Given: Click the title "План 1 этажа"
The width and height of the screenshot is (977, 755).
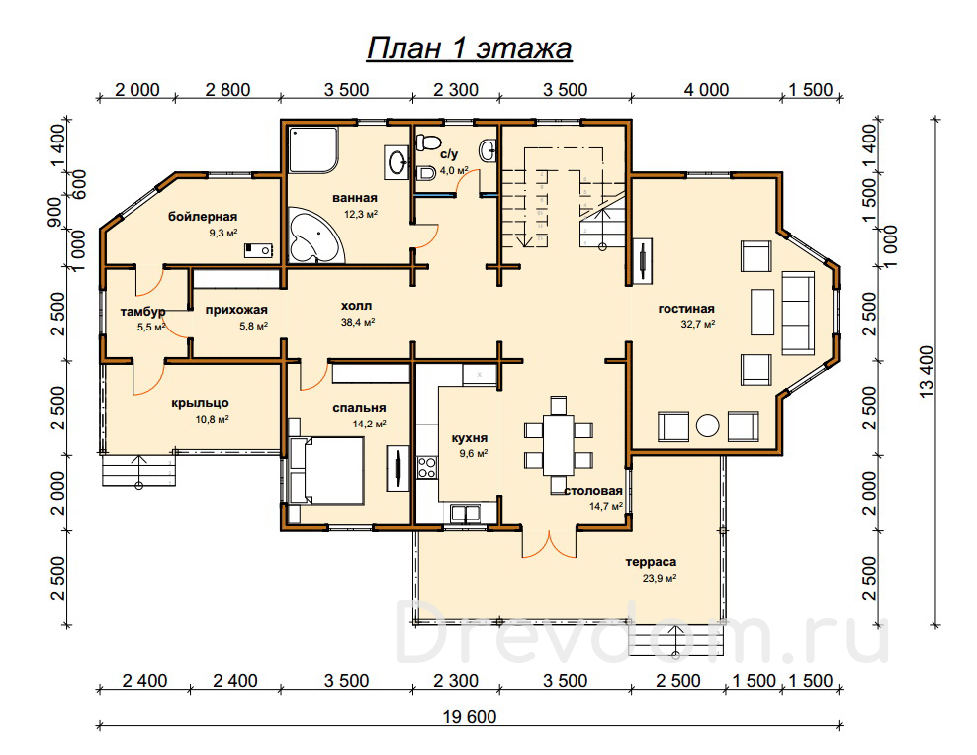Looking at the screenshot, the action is click(x=469, y=48).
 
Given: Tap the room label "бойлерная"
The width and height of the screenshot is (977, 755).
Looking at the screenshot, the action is click(x=203, y=217).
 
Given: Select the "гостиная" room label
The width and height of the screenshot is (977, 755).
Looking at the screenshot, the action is click(x=686, y=309).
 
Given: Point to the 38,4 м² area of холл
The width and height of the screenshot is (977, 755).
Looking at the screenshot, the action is click(x=358, y=323).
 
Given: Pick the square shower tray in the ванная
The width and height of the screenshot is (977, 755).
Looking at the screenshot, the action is click(x=312, y=150).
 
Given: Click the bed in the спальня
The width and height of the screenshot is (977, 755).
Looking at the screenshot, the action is click(x=326, y=470).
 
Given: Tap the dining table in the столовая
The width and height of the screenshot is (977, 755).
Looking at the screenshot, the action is click(x=559, y=444).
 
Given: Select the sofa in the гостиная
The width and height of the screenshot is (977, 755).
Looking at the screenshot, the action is click(x=798, y=313).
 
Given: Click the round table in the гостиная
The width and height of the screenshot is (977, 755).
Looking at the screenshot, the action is click(x=708, y=425).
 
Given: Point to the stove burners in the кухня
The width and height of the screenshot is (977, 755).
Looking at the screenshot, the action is click(x=427, y=468).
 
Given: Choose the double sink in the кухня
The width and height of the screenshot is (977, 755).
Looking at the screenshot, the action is click(x=466, y=514).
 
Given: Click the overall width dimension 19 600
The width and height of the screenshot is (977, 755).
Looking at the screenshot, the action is click(x=470, y=717).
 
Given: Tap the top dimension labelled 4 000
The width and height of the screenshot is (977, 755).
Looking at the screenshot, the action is click(x=706, y=90).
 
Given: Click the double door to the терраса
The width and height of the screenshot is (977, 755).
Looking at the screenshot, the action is click(x=549, y=543).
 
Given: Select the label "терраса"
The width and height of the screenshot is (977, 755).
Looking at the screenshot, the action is click(x=651, y=562).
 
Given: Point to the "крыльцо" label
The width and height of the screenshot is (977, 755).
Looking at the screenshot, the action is click(x=200, y=403).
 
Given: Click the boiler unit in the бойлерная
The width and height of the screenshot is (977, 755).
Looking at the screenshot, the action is click(x=258, y=250).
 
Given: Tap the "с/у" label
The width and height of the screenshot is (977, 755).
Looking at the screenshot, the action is click(x=449, y=154).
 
